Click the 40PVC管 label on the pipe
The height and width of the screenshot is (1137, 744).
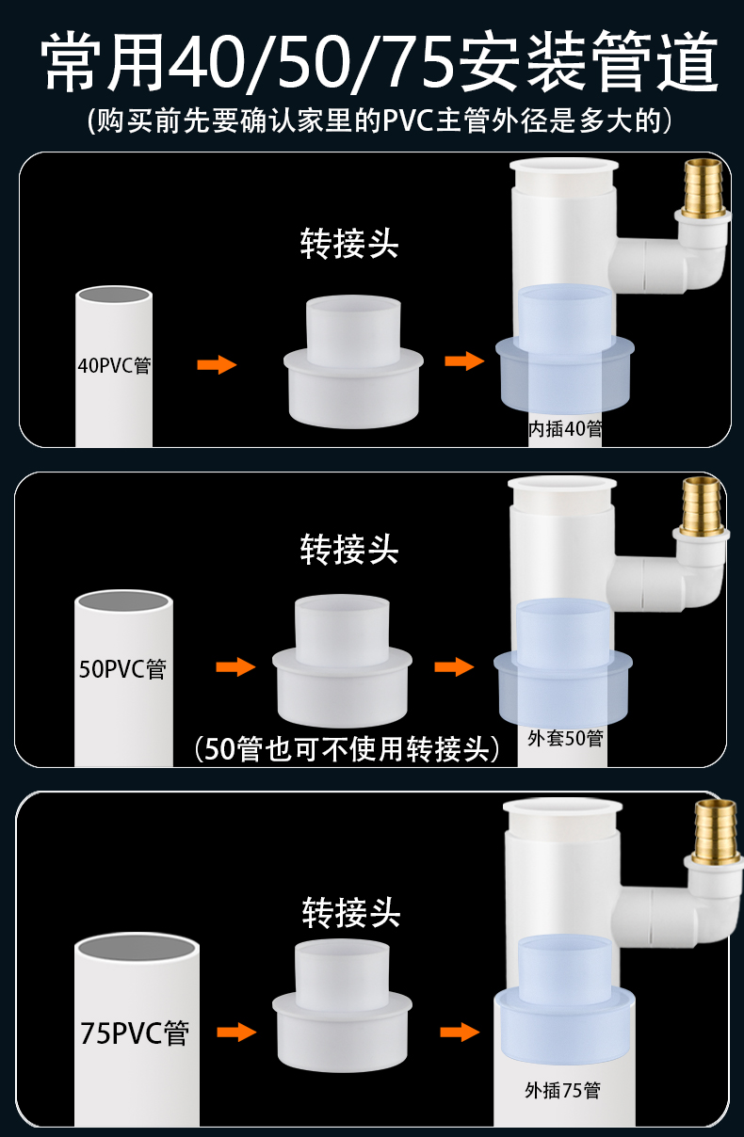[x=114, y=365]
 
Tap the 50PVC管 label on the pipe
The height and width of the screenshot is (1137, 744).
[x=122, y=669]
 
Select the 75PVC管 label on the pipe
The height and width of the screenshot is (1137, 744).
[x=136, y=1033]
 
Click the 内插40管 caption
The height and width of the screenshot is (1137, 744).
[x=565, y=429]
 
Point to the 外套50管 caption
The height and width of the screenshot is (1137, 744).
[x=565, y=738]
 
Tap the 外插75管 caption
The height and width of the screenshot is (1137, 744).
[x=562, y=1091]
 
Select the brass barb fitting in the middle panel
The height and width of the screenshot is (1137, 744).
[x=702, y=507]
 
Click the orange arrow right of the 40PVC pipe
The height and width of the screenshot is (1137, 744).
[x=217, y=364]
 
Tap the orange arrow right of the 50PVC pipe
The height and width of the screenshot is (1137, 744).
[x=235, y=667]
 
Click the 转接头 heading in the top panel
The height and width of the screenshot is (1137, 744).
[x=349, y=243]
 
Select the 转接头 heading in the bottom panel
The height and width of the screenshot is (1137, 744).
[x=351, y=912]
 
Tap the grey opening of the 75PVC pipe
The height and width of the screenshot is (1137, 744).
[x=137, y=950]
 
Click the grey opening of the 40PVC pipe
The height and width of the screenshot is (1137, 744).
[x=114, y=295]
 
